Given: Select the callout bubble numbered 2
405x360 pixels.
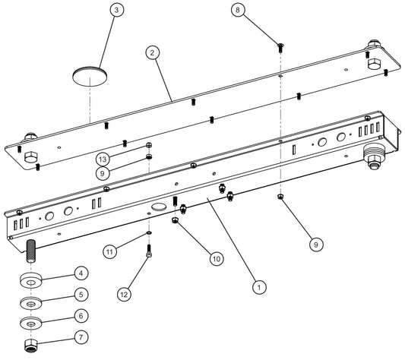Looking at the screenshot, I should pyautogui.click(x=153, y=52).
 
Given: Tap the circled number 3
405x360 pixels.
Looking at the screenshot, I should pyautogui.click(x=115, y=11).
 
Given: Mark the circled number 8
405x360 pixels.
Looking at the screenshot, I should pyautogui.click(x=239, y=11).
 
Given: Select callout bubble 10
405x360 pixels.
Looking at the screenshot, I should pyautogui.click(x=216, y=258).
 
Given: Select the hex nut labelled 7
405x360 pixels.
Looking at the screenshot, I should pyautogui.click(x=31, y=345).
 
